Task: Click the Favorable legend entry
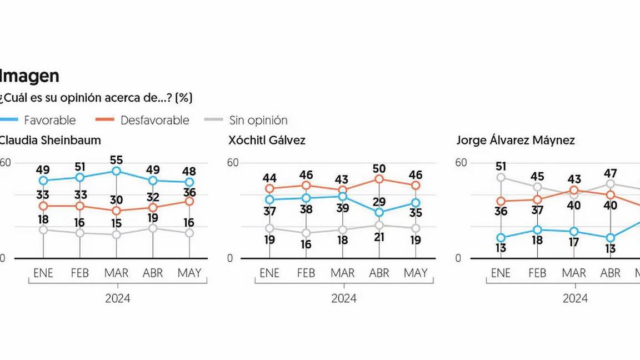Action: click(x=49, y=120)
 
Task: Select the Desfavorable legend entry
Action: click(x=154, y=120)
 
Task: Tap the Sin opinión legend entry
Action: click(x=258, y=120)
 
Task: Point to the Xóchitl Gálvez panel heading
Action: click(x=267, y=141)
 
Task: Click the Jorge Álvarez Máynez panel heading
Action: click(x=515, y=141)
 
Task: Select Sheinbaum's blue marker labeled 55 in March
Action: click(x=116, y=171)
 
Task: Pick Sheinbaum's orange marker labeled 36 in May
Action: click(x=189, y=201)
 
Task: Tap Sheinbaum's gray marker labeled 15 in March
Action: click(x=116, y=234)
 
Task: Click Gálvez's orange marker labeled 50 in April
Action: click(x=379, y=179)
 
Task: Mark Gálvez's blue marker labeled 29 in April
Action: click(x=379, y=212)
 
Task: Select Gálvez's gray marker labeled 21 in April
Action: click(x=379, y=225)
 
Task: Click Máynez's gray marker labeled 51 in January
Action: click(x=501, y=177)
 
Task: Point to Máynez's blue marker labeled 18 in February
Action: click(x=537, y=230)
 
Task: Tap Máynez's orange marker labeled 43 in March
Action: click(x=574, y=190)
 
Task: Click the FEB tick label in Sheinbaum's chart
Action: click(x=79, y=273)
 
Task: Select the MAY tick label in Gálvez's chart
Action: click(x=416, y=273)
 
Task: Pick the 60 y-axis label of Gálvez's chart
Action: click(x=232, y=163)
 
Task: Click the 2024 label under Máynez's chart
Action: click(x=575, y=298)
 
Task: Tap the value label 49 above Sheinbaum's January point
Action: click(x=43, y=169)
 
